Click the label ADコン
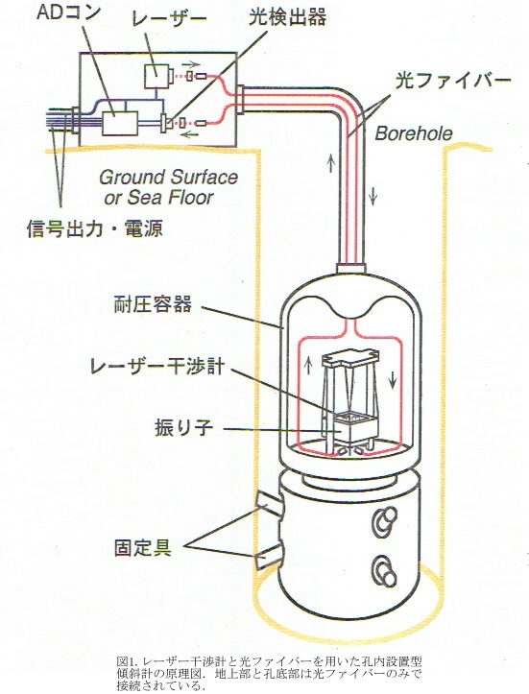[67, 12]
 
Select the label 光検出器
[288, 17]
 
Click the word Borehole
[414, 133]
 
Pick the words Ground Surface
[168, 178]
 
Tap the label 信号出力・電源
[94, 228]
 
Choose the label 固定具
[142, 548]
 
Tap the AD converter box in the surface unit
[120, 123]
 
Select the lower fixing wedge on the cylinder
[269, 558]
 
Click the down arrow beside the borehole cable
[373, 195]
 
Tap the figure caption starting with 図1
[269, 674]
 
